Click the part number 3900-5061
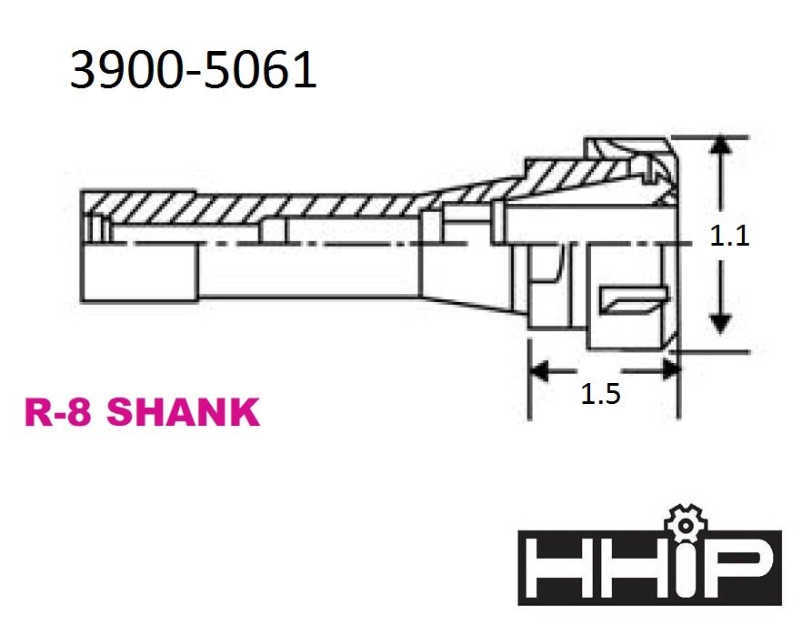[x=193, y=70]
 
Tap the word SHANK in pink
[x=184, y=413]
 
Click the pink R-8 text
[x=61, y=413]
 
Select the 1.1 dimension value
[x=729, y=237]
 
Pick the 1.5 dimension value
[x=600, y=394]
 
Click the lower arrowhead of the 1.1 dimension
[x=721, y=322]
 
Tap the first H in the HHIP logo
[x=561, y=567]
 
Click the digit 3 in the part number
[x=85, y=70]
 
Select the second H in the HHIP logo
[x=627, y=567]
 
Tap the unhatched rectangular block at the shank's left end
[x=138, y=273]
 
